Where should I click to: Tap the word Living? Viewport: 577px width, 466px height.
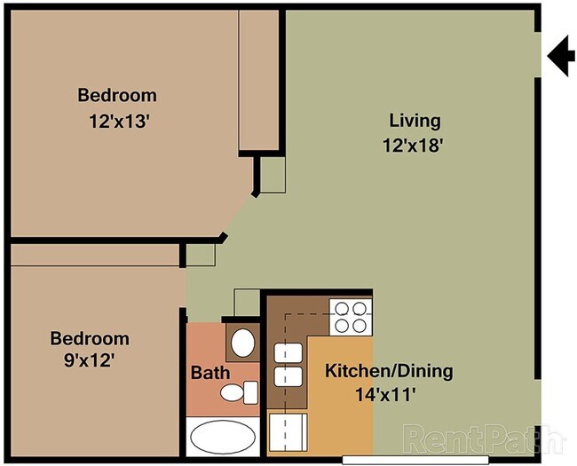(415, 121)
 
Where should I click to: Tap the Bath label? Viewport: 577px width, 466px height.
(209, 373)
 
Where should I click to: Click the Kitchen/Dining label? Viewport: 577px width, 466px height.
(389, 371)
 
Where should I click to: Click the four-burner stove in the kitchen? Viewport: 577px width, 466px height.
(350, 317)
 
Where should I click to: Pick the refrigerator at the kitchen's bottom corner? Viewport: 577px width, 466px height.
(286, 433)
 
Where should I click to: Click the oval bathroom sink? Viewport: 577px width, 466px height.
(241, 342)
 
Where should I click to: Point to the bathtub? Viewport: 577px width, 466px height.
(222, 438)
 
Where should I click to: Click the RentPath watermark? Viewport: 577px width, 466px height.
(483, 437)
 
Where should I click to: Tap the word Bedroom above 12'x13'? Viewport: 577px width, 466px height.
(117, 95)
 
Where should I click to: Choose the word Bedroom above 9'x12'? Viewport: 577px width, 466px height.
(89, 338)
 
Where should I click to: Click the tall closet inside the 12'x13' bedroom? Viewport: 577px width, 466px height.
(260, 80)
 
